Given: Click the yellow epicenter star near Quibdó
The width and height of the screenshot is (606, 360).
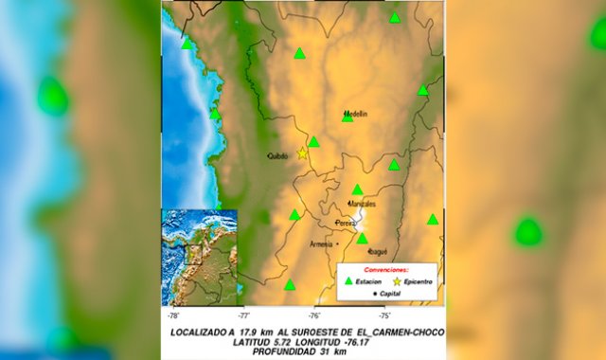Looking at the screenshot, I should point(303,153).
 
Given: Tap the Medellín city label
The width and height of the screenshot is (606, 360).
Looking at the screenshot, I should point(355,113).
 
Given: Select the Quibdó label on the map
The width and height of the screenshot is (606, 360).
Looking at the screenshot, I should point(277,156).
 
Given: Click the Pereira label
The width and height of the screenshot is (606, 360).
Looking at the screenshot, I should point(346,224).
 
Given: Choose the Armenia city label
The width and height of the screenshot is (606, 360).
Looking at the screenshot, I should point(322,243).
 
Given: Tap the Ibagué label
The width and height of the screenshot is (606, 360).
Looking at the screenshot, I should point(376,252).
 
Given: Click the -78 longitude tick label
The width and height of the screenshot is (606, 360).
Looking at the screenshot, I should point(173,315).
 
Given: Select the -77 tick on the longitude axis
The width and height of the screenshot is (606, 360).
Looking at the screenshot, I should point(243,315).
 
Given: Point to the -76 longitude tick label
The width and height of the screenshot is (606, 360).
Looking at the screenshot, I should point(314,315).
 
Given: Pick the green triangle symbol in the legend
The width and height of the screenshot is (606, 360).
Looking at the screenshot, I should point(348,281).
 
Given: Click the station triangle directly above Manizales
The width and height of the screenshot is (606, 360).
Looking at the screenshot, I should point(357,189).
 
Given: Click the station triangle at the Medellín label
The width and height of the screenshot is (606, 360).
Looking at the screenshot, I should point(348,117).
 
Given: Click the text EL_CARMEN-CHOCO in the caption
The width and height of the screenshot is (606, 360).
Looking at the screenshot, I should point(395,333).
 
